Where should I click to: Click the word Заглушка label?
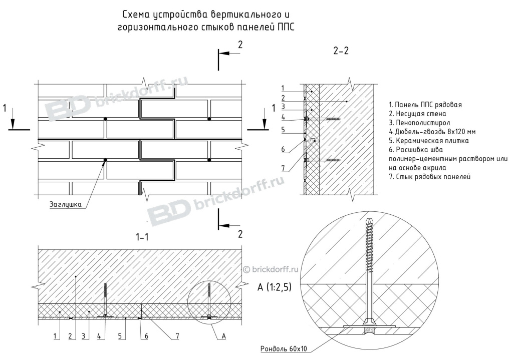(66, 204)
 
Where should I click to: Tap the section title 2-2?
(341, 51)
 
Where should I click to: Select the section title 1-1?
(142, 237)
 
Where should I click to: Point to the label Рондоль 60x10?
(284, 348)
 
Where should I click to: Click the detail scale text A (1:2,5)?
(274, 287)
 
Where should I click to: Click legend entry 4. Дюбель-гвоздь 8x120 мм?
(432, 132)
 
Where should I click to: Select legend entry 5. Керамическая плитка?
(429, 141)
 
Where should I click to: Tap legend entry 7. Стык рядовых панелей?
(429, 177)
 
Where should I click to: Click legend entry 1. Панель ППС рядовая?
(425, 105)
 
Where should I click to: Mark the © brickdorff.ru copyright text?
(271, 269)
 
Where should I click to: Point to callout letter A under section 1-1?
(224, 336)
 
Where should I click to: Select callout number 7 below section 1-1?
(177, 336)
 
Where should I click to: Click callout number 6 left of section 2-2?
(284, 149)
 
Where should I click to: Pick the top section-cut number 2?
(240, 45)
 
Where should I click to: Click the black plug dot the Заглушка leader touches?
(105, 160)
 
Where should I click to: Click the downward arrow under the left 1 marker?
(13, 119)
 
